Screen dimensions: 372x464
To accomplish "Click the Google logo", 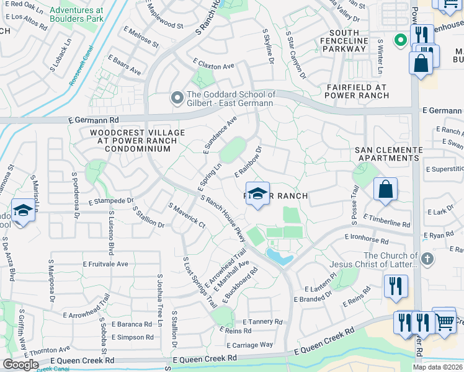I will click(x=20, y=364).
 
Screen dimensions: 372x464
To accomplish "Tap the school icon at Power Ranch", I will click(x=257, y=192).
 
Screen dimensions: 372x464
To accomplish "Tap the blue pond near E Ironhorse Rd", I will click(x=277, y=257).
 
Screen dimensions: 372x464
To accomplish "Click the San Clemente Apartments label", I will click(x=388, y=154).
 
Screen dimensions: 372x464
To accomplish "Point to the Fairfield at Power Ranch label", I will click(x=357, y=91).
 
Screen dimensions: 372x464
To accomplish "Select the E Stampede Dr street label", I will click(x=111, y=201).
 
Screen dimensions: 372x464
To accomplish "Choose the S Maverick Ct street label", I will click(x=187, y=214).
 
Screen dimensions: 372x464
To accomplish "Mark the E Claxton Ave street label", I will click(x=214, y=64).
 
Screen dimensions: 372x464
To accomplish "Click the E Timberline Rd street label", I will click(x=387, y=221).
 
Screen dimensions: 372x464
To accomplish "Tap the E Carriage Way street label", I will click(x=249, y=345).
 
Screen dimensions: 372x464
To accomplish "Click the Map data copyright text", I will click(x=437, y=367).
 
